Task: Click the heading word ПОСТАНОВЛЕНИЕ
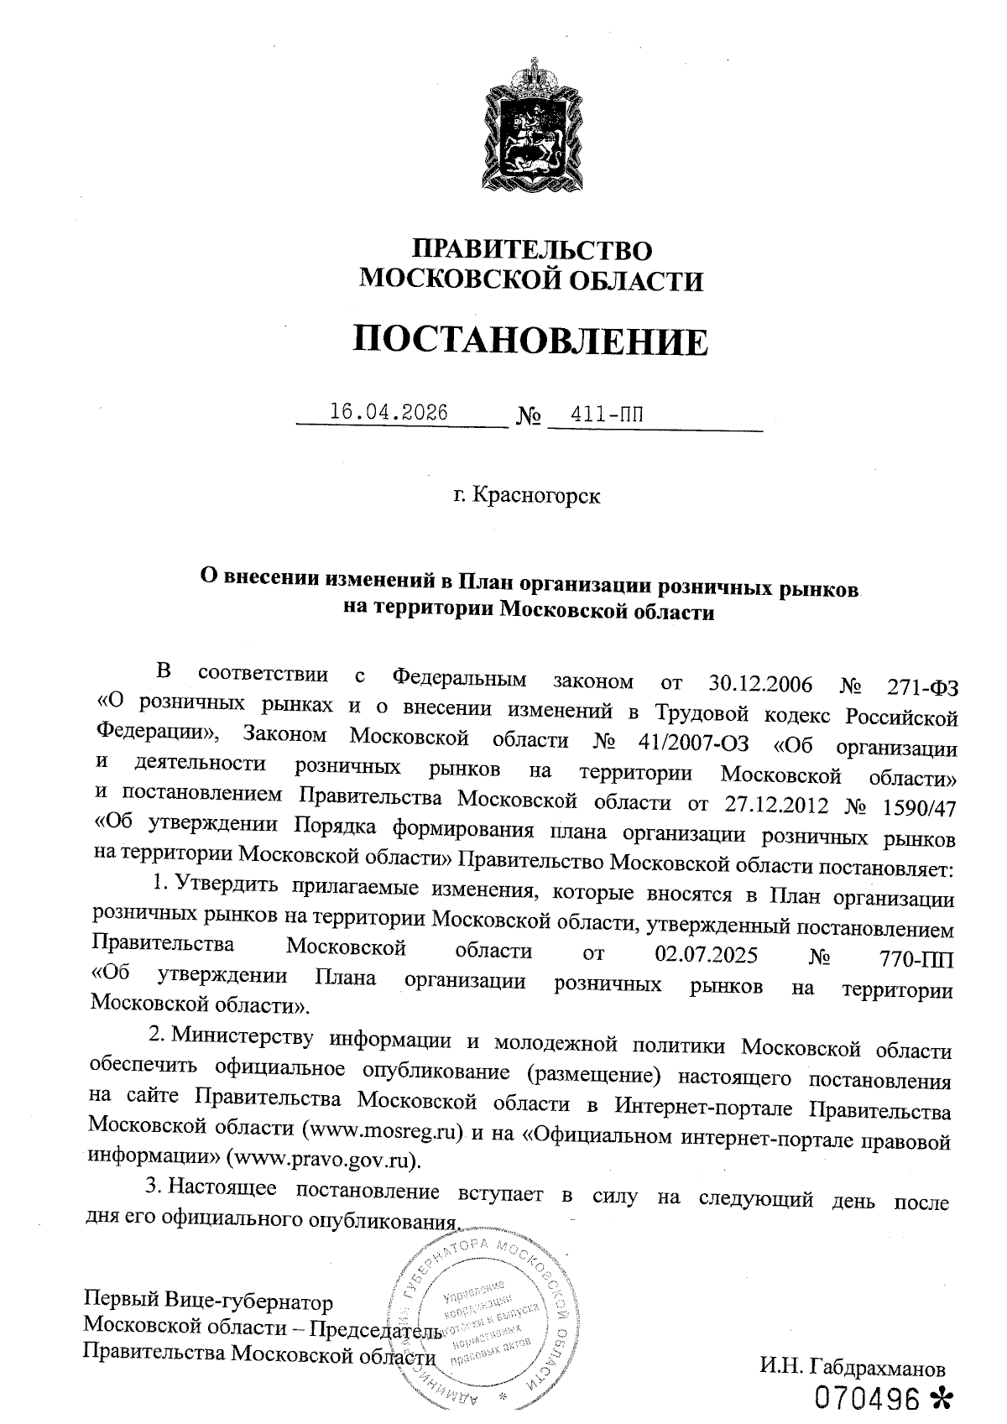coord(530,340)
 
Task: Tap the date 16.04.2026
coord(389,412)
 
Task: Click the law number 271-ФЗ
coord(921,686)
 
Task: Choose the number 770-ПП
coord(913,957)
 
